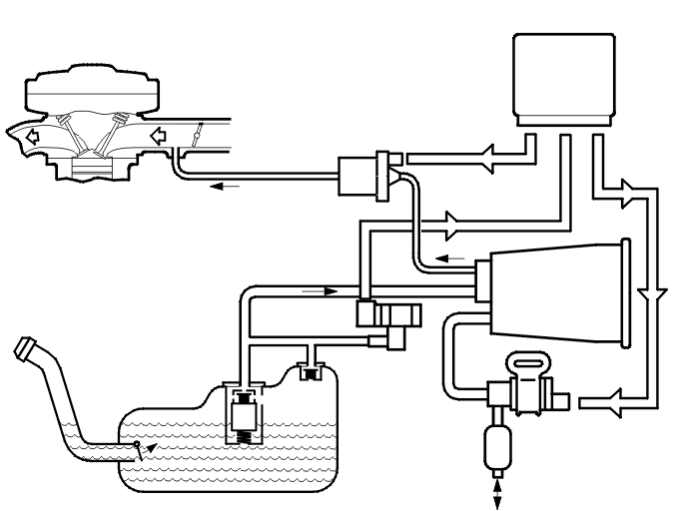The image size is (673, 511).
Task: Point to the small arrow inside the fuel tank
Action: pos(149,448)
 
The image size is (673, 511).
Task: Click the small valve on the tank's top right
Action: pos(312,373)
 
